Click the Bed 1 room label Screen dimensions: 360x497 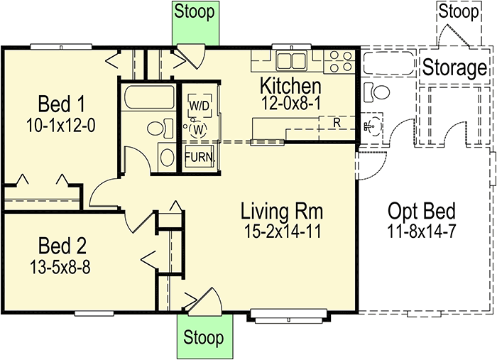tap(60, 106)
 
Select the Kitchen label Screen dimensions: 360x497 tap(290, 86)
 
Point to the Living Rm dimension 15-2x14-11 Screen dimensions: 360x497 tap(282, 230)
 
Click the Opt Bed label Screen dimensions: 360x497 tap(421, 211)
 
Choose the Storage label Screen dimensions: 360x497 tap(455, 68)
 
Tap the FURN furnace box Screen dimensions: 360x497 tap(198, 157)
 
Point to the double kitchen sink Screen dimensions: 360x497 tap(290, 60)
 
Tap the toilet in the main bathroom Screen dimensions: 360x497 tap(158, 128)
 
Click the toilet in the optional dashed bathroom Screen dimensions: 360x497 tap(375, 92)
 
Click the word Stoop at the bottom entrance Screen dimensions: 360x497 tap(203, 337)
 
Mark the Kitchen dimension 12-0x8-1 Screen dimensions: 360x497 tap(290, 102)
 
